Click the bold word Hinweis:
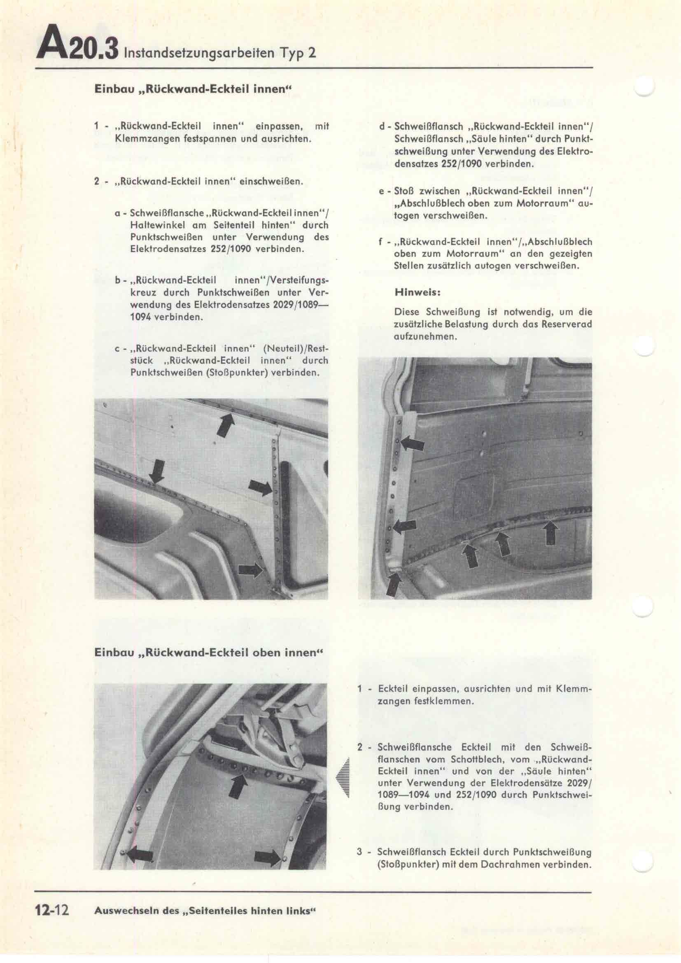(x=417, y=292)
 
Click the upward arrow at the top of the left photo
(x=225, y=425)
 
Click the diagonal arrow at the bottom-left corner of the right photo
(x=394, y=583)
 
